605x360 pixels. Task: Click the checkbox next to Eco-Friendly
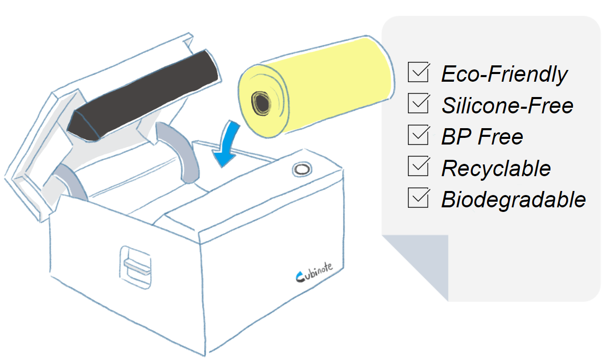pos(418,73)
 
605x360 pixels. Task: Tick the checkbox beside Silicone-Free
pos(418,104)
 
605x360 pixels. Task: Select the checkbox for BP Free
pos(418,135)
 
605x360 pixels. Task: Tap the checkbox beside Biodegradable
pos(418,198)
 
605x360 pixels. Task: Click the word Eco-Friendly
pos(504,75)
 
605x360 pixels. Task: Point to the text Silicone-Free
pos(507,106)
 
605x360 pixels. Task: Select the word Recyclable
pos(496,169)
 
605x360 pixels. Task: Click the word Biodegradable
pos(513,199)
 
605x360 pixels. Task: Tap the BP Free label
pos(482,137)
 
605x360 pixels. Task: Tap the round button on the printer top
pos(300,169)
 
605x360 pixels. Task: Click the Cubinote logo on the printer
pos(314,274)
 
